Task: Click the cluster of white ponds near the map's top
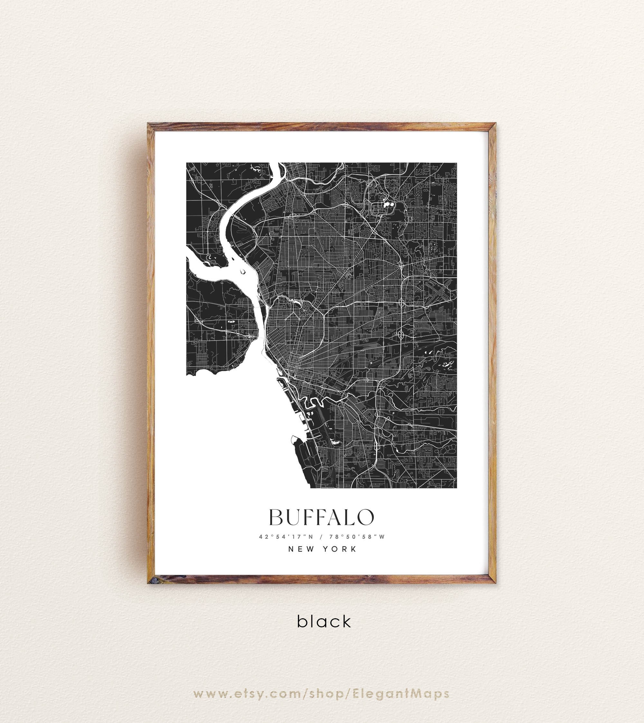tap(388, 204)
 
